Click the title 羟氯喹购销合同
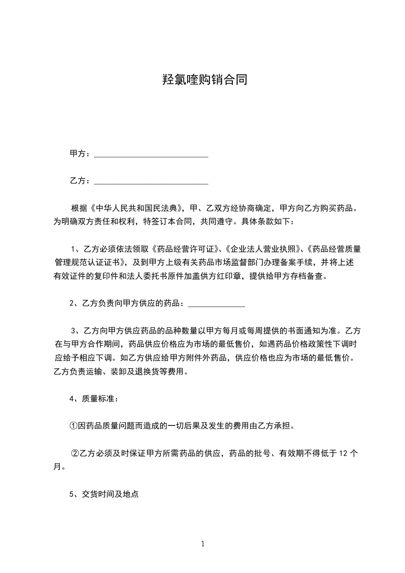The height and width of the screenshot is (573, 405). click(204, 80)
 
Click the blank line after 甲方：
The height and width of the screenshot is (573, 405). click(151, 155)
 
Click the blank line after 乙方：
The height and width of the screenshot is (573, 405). click(151, 182)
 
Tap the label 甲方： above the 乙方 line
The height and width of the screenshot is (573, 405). click(80, 154)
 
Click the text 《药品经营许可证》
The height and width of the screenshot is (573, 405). click(186, 250)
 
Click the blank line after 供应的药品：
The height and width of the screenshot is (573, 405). click(217, 305)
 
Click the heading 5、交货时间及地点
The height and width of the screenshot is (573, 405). click(104, 494)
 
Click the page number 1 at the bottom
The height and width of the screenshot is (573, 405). click(203, 544)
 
